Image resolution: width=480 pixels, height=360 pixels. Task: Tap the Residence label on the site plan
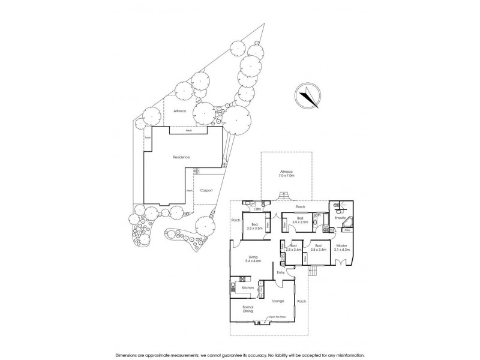click(x=182, y=157)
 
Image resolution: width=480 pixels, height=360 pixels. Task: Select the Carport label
click(x=207, y=191)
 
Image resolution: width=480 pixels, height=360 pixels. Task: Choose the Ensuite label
click(x=340, y=218)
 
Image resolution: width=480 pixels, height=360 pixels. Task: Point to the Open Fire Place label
click(x=276, y=317)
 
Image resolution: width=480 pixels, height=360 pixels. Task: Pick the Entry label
click(x=280, y=272)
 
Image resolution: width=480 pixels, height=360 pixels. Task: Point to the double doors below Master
click(x=341, y=263)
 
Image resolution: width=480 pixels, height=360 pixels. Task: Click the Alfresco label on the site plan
click(x=180, y=112)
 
